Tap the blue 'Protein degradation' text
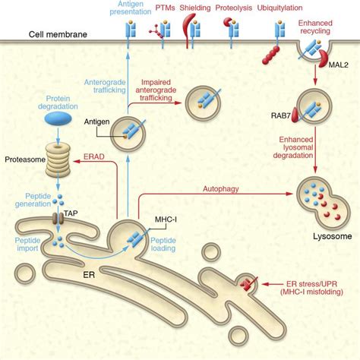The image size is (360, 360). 57,104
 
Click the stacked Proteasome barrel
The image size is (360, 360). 57,158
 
